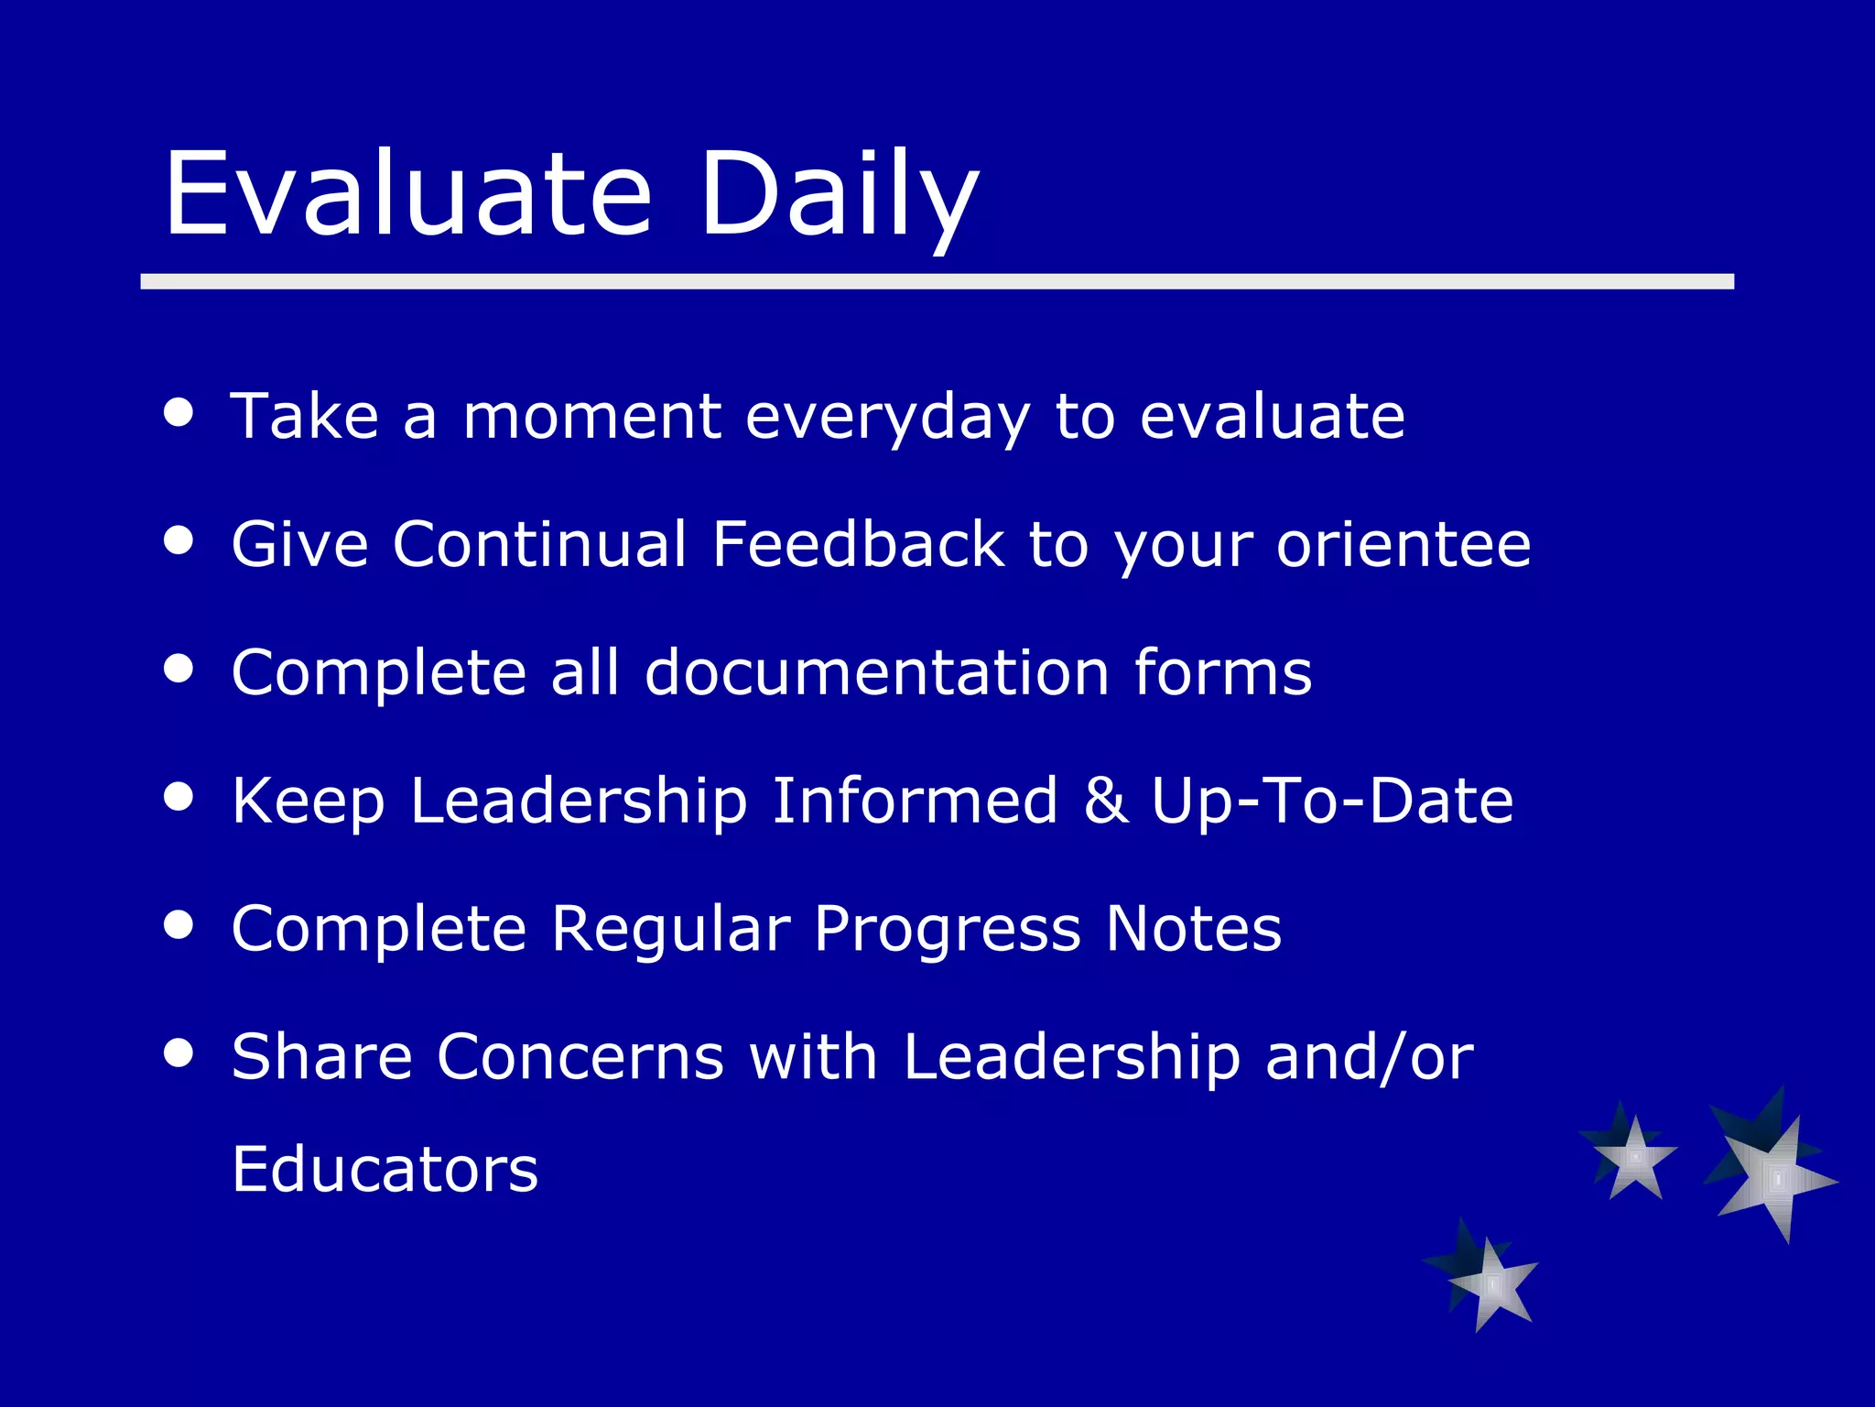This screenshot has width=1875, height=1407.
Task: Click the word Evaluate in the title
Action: point(407,194)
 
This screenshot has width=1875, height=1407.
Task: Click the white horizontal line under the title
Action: point(937,281)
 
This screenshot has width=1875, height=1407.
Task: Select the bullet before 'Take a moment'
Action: point(179,411)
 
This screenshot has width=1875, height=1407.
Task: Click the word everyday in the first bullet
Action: point(887,418)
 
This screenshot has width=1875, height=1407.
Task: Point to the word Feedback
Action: point(858,544)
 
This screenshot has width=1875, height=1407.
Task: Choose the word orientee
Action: point(1404,544)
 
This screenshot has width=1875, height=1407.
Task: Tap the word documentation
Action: point(877,672)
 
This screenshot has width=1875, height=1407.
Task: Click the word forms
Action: point(1222,672)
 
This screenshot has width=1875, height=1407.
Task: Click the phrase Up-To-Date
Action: point(1332,801)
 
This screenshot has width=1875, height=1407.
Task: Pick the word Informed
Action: point(915,801)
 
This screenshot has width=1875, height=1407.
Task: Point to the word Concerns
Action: point(580,1057)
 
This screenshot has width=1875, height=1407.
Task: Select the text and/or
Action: point(1369,1057)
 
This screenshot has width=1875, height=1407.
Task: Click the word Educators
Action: point(385,1170)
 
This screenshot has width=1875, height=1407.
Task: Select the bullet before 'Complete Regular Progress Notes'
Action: point(179,924)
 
